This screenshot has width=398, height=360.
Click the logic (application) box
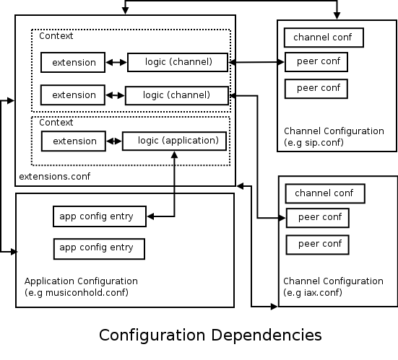(174, 141)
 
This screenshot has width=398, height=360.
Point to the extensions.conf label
(55, 177)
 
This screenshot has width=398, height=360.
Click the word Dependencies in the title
(267, 335)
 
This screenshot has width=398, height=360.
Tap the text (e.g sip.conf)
(313, 142)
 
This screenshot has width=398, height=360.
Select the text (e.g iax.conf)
(313, 293)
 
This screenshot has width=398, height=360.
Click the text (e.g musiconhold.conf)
(77, 293)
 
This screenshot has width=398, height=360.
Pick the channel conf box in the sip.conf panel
(324, 38)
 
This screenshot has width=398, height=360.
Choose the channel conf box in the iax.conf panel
(325, 193)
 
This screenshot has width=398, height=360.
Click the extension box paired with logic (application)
(74, 141)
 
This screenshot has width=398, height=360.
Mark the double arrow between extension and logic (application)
(114, 141)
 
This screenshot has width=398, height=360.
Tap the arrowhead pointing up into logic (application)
(174, 154)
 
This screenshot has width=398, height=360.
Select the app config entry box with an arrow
(100, 216)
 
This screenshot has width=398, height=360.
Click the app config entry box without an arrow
(99, 249)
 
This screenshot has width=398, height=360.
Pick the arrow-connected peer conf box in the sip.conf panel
(316, 62)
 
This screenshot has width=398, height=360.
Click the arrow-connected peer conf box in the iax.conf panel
(318, 218)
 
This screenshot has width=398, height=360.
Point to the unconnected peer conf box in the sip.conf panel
(316, 89)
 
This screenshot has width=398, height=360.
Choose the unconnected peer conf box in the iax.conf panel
(318, 245)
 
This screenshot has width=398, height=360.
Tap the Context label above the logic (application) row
(56, 123)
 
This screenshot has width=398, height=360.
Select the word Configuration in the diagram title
(152, 335)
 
